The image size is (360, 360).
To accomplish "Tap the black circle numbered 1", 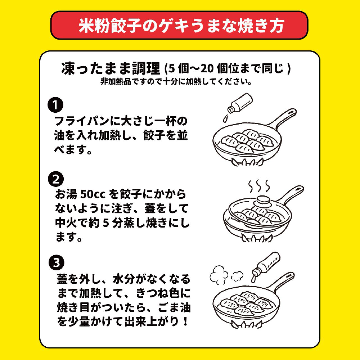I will (56, 105).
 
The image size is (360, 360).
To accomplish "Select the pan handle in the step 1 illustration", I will (284, 117).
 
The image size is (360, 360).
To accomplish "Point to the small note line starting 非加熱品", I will (176, 81).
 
